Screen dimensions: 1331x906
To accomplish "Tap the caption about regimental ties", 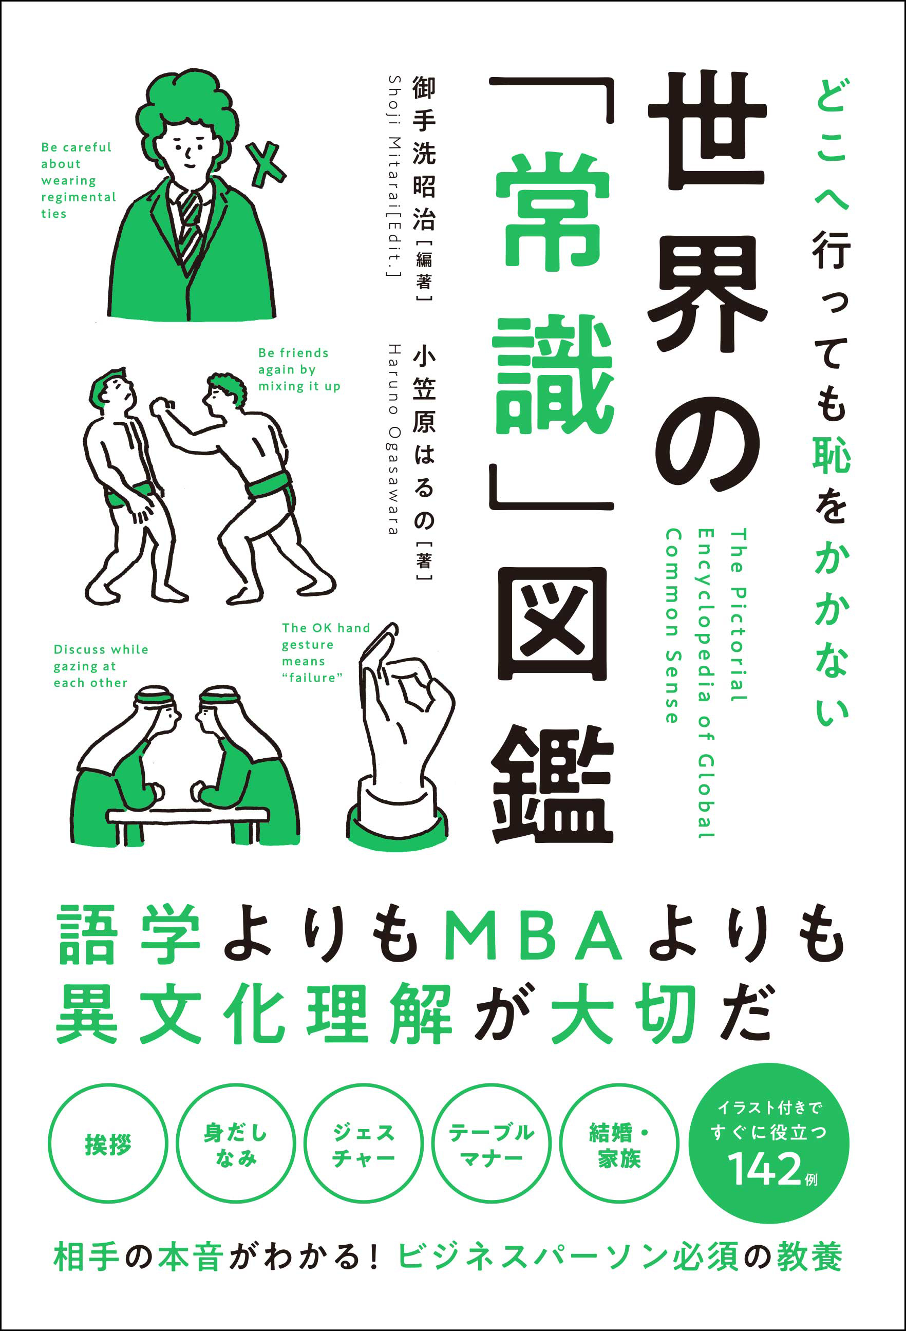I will pyautogui.click(x=78, y=180).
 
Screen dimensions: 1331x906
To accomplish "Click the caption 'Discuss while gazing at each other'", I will pyautogui.click(x=101, y=666).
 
